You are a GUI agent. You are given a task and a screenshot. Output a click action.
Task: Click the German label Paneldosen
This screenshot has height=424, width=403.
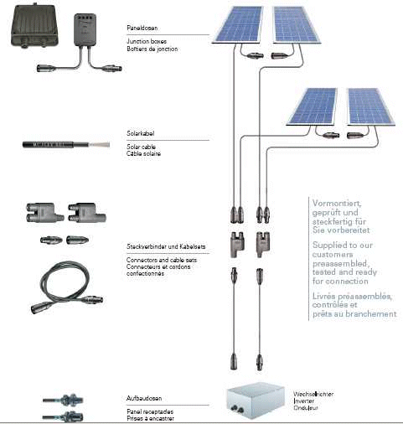click(x=142, y=28)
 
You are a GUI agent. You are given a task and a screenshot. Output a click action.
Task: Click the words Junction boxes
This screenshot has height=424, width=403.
click(x=147, y=41)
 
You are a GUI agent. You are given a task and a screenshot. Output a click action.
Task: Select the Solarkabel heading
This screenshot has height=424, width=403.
click(x=141, y=133)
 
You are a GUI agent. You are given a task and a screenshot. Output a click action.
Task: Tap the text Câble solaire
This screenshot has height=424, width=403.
click(x=143, y=153)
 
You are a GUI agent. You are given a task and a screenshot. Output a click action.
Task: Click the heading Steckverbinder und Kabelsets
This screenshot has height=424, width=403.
click(x=166, y=246)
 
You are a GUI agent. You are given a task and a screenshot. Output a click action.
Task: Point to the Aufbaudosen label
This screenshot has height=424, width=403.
click(x=144, y=398)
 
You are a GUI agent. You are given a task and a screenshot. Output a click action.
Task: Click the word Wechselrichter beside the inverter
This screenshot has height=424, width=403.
click(x=313, y=394)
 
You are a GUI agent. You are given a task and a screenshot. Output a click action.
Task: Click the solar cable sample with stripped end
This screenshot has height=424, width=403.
click(x=66, y=145)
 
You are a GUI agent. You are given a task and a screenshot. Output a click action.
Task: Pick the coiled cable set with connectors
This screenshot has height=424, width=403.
click(x=67, y=287)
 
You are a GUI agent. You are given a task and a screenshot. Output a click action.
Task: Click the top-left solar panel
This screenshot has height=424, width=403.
click(x=238, y=25)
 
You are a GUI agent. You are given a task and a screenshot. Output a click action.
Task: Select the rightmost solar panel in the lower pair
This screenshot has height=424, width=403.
click(x=370, y=106)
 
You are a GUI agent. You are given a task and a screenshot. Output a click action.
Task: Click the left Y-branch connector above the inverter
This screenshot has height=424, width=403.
click(x=237, y=245)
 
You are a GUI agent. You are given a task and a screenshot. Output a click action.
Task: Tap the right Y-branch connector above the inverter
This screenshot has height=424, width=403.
click(x=263, y=245)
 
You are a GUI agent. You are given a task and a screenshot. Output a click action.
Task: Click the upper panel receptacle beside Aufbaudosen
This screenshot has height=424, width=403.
click(x=63, y=400)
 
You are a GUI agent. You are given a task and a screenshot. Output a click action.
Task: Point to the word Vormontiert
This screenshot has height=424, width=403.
click(x=337, y=204)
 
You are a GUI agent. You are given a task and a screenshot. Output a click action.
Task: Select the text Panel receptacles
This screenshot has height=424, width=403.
click(x=150, y=411)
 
